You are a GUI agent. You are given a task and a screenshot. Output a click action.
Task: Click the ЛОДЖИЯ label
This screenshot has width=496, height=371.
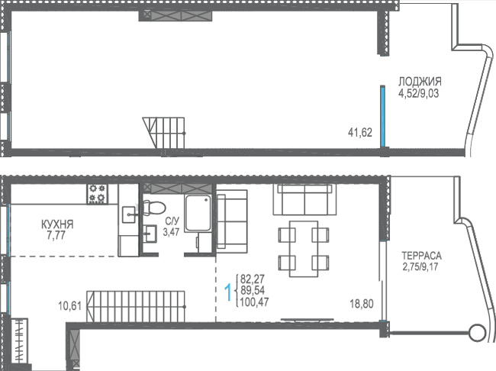420,82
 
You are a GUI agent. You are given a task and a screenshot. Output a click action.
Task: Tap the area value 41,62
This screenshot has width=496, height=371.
360,132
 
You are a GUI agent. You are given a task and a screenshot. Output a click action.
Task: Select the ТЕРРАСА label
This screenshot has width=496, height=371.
421,256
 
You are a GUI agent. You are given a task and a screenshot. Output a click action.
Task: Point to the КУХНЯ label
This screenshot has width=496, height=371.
57,224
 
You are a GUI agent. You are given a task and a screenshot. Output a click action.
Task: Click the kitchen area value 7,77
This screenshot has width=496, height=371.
56,236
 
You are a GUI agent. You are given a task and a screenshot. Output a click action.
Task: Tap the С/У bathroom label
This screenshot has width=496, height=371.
172,221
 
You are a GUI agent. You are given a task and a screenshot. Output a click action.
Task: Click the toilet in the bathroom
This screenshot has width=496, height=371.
153,208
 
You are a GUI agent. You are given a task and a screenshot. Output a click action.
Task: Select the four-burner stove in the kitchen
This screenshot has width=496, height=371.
97,194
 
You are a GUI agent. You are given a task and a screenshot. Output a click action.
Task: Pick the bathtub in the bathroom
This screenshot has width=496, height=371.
198,213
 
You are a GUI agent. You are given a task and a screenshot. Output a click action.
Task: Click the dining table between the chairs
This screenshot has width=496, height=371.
304,249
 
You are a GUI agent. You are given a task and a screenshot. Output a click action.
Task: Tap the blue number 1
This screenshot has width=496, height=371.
228,292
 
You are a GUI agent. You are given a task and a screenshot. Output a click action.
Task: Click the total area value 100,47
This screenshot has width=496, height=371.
254,302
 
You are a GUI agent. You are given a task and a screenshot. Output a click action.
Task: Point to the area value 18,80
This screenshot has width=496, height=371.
361,304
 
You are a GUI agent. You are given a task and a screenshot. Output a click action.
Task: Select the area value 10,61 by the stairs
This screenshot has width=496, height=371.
70,306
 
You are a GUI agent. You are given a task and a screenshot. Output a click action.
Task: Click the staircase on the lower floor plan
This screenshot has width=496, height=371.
136,306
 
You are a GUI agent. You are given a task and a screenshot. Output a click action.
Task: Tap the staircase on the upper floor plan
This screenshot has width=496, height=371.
164,133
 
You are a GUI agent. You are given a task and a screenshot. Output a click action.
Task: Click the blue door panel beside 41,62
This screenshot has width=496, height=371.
382,116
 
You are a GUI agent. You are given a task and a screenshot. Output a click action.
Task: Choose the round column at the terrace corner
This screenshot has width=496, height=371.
478,333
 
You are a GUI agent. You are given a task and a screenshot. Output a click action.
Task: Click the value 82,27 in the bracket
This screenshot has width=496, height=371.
253,279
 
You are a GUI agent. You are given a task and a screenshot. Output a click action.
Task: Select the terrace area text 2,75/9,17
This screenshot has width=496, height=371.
420,266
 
